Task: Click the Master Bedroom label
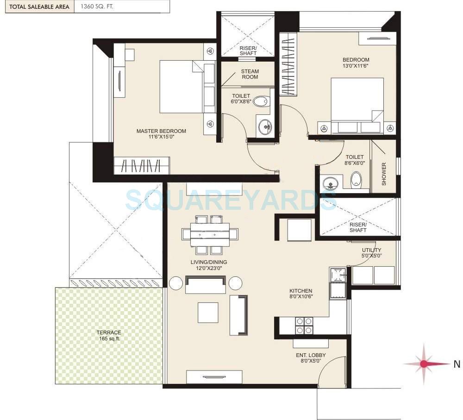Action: tap(161, 131)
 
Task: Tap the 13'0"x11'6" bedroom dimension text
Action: tap(356, 66)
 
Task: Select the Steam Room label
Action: tap(250, 74)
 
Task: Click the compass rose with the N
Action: tap(424, 364)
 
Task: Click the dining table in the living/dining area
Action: tap(210, 235)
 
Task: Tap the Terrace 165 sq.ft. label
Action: tap(109, 335)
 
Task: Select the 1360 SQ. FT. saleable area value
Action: tap(104, 6)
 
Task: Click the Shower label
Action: tap(384, 174)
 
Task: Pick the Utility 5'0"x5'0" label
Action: tap(372, 253)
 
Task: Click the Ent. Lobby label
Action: tap(311, 358)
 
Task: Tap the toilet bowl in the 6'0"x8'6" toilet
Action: tap(262, 101)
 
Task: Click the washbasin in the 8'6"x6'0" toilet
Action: tap(330, 183)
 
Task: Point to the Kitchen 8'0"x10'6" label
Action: tap(301, 294)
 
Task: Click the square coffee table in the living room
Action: tap(208, 313)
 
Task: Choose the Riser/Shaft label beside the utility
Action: tap(358, 227)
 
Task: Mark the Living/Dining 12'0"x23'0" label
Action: tap(209, 265)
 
